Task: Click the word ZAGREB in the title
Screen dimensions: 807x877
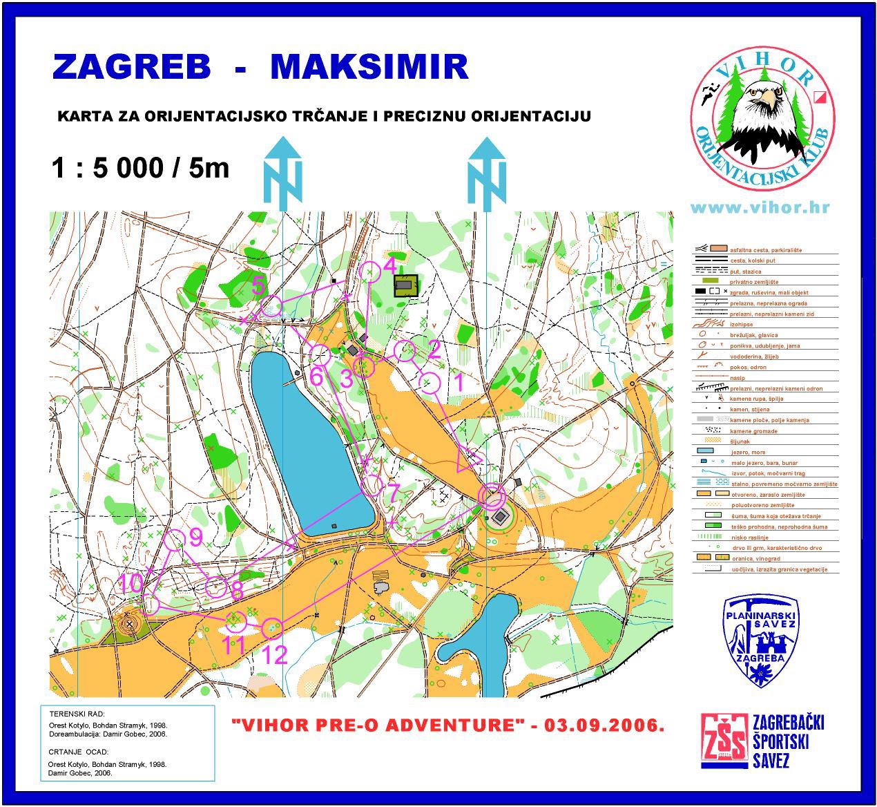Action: [131, 66]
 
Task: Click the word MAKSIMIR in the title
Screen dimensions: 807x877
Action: [369, 66]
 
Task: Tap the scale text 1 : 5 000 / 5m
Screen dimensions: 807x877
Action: [140, 168]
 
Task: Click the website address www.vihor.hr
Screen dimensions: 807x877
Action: [760, 207]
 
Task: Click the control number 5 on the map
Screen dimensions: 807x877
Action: [258, 285]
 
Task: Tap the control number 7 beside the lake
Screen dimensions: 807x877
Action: [392, 493]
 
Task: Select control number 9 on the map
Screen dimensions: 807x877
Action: [195, 535]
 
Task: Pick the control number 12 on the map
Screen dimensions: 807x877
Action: [275, 654]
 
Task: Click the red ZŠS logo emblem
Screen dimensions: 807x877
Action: [723, 741]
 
